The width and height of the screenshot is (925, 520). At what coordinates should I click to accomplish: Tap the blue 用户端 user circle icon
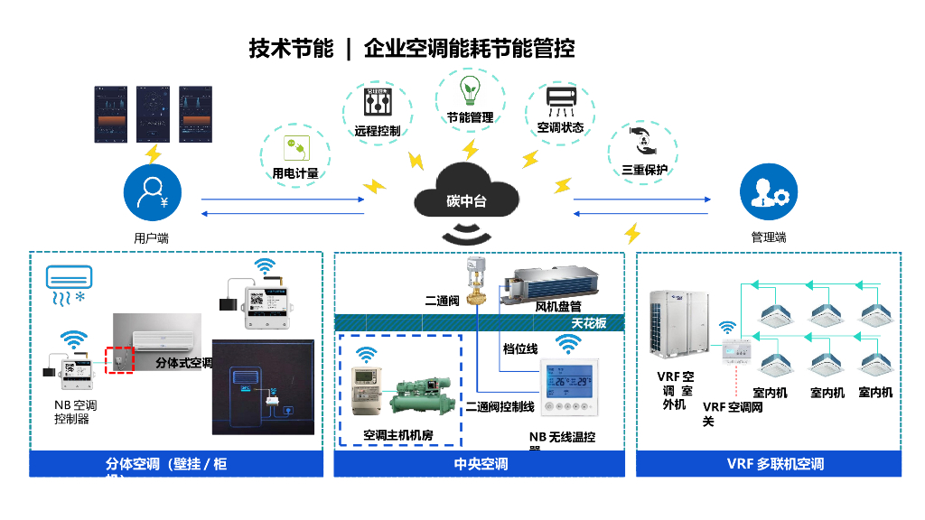(153, 194)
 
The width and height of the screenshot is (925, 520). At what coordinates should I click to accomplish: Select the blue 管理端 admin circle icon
(769, 194)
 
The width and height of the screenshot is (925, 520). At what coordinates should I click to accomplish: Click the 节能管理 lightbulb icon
(469, 90)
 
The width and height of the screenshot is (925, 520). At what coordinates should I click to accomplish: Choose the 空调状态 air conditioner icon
(560, 101)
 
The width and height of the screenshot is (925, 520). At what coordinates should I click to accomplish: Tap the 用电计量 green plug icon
(294, 146)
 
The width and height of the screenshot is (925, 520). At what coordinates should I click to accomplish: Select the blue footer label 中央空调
(480, 464)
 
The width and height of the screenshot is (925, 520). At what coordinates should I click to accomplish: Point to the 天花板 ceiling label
(589, 323)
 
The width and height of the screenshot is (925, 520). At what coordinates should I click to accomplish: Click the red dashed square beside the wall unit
(118, 358)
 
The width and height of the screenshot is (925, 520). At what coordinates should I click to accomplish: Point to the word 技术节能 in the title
(291, 48)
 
